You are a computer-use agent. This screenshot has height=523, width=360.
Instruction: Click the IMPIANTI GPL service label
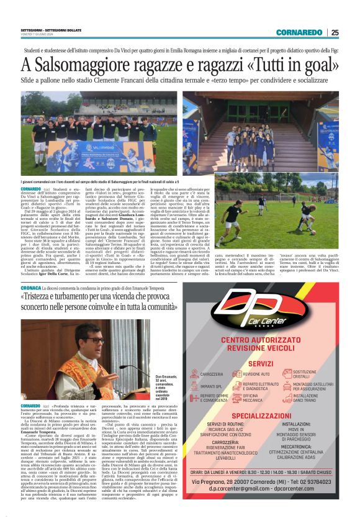coord(213,386)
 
